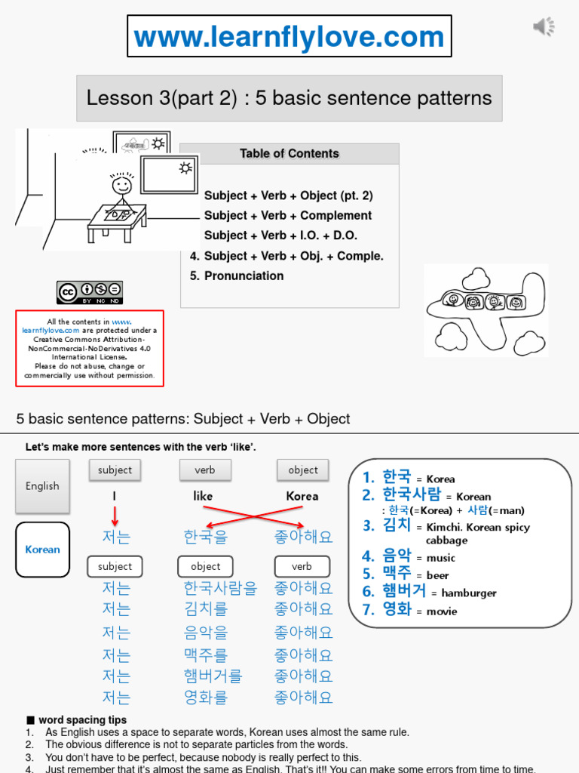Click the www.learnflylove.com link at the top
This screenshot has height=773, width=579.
point(289,37)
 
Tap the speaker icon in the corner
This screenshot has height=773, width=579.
point(544,27)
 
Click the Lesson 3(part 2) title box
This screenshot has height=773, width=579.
point(289,98)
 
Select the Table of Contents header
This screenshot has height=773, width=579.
point(289,154)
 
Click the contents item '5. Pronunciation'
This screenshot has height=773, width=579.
point(237,276)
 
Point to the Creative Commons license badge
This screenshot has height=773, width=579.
point(90,292)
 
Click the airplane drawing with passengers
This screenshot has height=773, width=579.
point(486,303)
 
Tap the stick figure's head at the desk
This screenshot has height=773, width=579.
point(121,184)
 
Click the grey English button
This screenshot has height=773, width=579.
point(42,486)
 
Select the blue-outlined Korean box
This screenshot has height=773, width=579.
point(42,550)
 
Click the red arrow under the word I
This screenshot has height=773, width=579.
point(115,516)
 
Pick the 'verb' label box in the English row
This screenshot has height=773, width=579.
point(204,470)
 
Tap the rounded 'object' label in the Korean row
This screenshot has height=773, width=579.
point(205,567)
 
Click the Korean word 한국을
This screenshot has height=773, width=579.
point(205,537)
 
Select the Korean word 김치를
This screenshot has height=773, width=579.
point(205,608)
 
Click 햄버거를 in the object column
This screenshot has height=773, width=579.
point(213,676)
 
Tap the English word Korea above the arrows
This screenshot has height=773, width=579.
point(302,497)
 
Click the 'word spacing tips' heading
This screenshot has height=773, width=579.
point(82,720)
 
